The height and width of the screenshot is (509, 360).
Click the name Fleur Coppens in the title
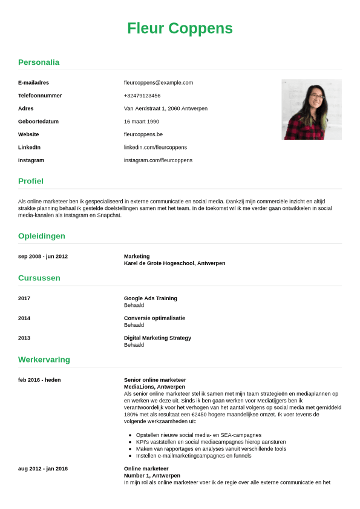pos(180,28)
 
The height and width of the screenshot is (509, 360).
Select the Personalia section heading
pos(39,62)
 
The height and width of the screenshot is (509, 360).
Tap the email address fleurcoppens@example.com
pos(159,82)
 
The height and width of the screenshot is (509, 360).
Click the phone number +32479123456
pos(142,96)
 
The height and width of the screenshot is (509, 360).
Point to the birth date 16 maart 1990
pos(142,122)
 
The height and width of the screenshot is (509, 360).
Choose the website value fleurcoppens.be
pos(143,134)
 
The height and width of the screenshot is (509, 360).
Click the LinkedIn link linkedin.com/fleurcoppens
pos(155,147)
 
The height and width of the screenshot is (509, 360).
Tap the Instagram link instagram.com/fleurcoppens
pos(158,160)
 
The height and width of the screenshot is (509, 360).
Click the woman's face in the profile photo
pos(317,96)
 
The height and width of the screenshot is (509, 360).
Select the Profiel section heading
pos(31,181)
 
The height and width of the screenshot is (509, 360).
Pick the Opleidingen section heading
pos(42,236)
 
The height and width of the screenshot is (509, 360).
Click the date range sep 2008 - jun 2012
pos(43,257)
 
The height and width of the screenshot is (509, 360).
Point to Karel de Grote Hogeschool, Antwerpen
pos(174,263)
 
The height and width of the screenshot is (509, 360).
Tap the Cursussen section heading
pos(39,278)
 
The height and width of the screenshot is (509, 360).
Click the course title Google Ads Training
pos(151,298)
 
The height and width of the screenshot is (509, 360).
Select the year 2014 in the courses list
pos(24,318)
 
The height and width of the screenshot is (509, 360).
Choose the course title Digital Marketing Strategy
pos(157,338)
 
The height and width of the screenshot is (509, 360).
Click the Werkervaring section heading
pos(44,360)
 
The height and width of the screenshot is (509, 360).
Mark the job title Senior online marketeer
pos(155,380)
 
